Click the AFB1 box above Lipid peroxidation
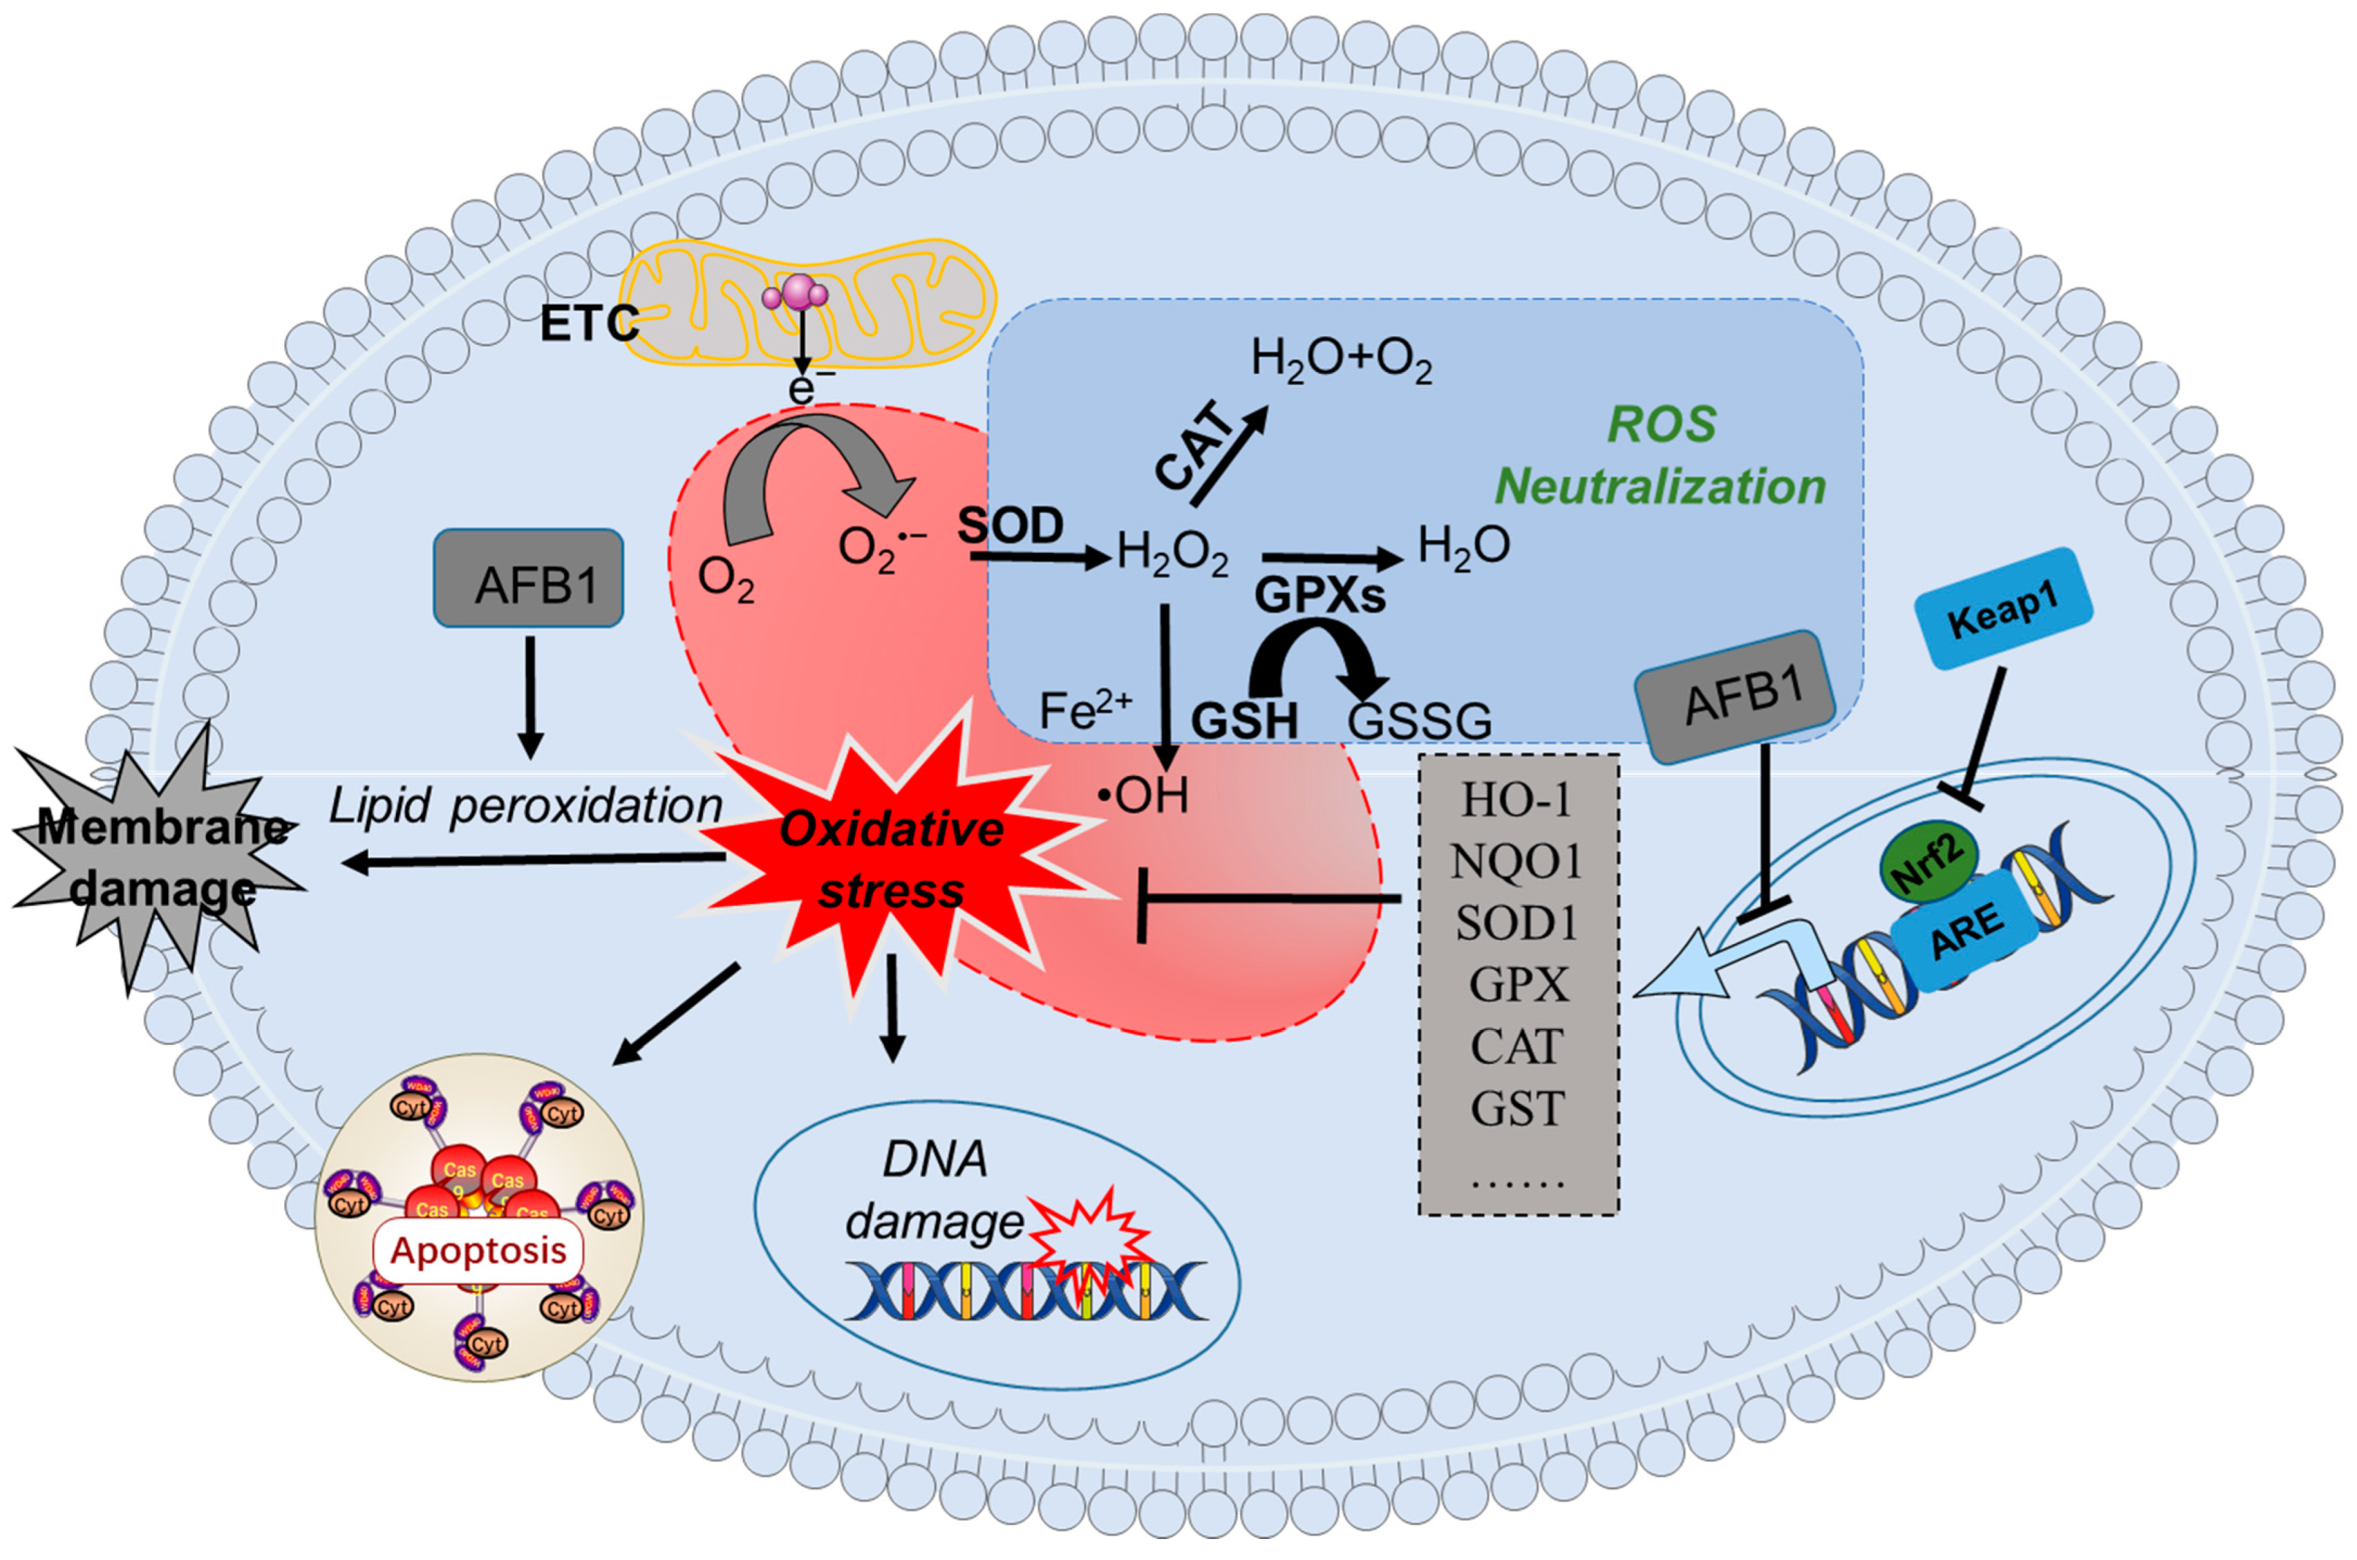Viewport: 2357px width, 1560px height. tap(528, 578)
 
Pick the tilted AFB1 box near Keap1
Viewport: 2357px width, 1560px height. tap(1736, 697)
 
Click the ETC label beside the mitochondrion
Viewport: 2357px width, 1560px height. tap(588, 323)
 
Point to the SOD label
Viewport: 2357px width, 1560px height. tap(1011, 525)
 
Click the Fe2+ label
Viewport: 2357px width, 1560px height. tap(1085, 710)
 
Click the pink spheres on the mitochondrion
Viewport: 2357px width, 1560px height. tap(796, 293)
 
